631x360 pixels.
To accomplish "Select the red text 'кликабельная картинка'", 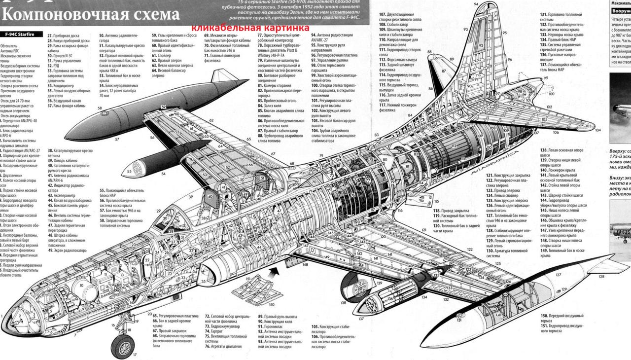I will point(250,28).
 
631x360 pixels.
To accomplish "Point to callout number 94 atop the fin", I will point(476,4).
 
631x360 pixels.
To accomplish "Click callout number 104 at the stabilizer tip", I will point(597,130).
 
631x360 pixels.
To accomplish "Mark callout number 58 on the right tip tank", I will point(100,108).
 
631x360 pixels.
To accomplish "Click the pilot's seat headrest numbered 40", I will point(210,196).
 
